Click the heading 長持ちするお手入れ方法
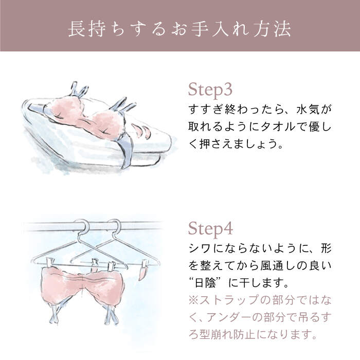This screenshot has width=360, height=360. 179,28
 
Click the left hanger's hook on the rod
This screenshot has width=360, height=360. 82,226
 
